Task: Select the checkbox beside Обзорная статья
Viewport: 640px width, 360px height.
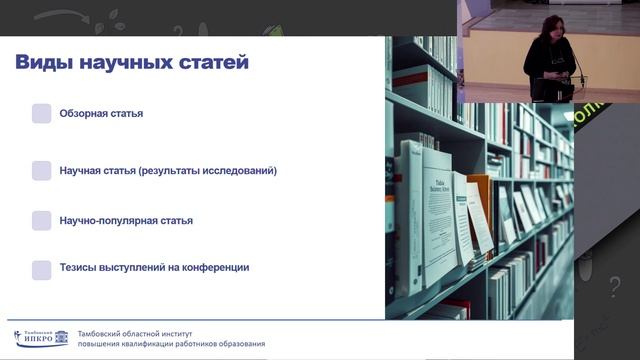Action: pos(41,113)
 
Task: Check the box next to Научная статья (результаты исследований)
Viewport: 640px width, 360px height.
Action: pos(41,170)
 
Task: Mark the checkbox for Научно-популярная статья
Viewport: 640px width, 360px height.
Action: pos(41,220)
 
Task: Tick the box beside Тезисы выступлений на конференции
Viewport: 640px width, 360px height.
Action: pos(41,269)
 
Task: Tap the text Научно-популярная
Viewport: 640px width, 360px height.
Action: pos(112,220)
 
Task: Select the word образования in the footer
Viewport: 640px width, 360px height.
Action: pos(239,344)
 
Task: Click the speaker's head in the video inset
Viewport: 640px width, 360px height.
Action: pos(552,26)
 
